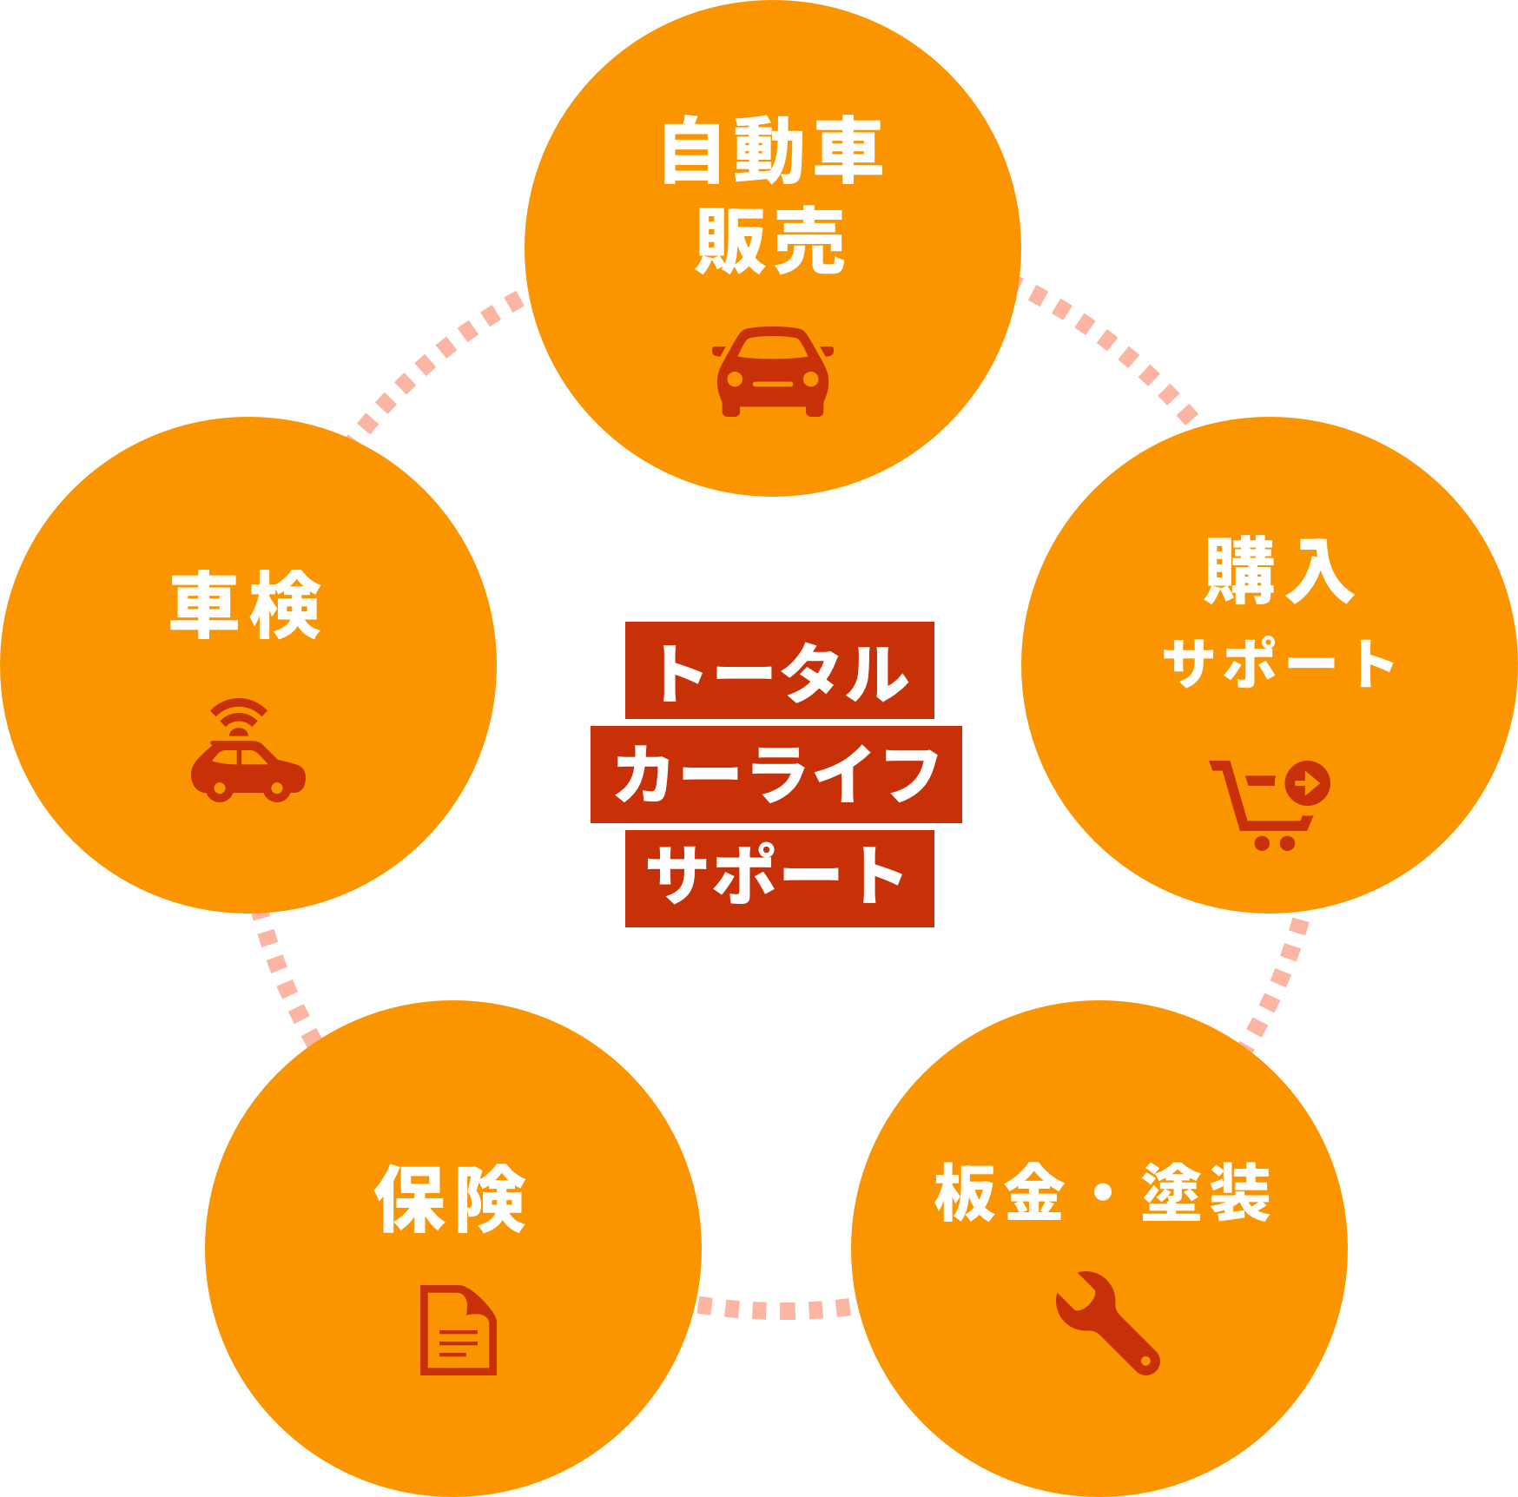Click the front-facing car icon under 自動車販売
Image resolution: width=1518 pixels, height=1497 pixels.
coord(772,373)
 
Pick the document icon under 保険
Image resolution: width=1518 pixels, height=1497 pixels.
coord(458,1329)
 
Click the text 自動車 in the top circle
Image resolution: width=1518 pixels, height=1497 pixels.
coord(772,152)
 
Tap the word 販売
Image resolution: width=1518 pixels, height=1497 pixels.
coord(770,241)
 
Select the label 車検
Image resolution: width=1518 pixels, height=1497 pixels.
coord(246,605)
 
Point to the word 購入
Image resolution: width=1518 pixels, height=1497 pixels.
coord(1279,571)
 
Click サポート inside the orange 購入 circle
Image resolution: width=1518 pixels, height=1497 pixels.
coord(1278,663)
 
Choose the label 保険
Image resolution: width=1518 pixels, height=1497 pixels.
coord(451,1199)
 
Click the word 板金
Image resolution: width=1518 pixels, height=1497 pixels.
coord(1000,1193)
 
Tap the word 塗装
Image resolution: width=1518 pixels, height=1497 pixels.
coord(1206,1193)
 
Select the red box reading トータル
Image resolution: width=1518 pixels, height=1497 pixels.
coord(779,670)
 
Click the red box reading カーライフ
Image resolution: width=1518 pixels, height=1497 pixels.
coord(775,775)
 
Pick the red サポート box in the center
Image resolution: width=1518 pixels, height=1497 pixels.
coord(779,878)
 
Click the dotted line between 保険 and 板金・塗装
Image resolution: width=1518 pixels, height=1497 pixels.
coord(775,1308)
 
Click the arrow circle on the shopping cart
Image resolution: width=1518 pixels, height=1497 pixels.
coord(1307,784)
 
